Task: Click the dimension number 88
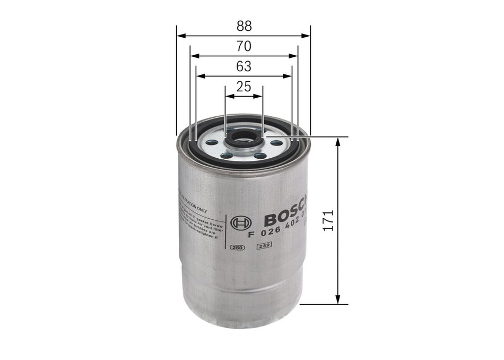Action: tap(244, 26)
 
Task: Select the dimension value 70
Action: tap(244, 46)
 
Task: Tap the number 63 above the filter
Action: tap(244, 66)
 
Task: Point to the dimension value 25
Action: tap(244, 87)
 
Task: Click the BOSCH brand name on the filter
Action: tap(284, 215)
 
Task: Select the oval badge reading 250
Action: tap(237, 247)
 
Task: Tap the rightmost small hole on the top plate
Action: tap(276, 142)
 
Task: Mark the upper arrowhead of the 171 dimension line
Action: tap(338, 141)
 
